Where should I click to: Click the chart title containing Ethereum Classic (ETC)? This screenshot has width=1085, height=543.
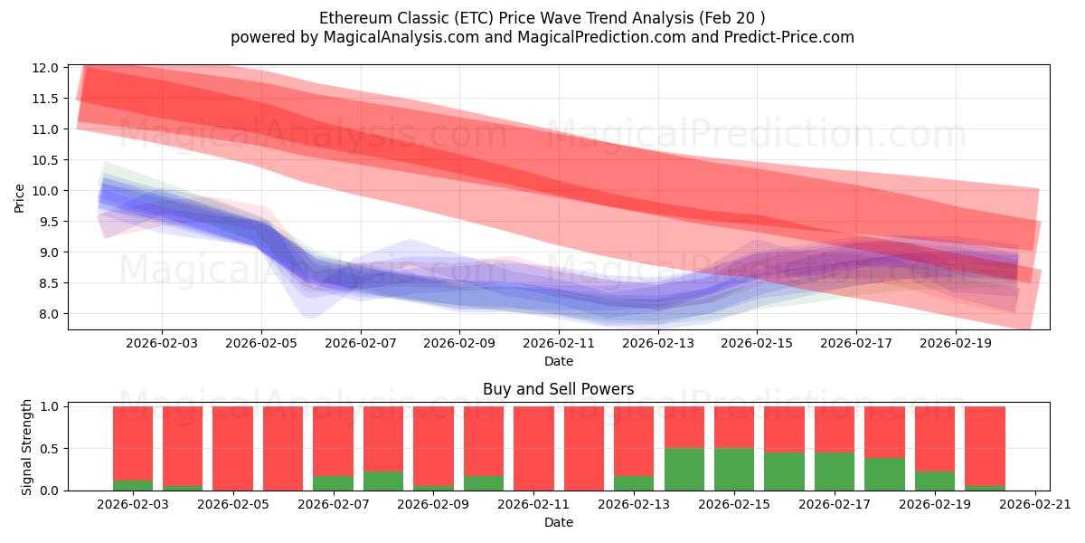(x=542, y=18)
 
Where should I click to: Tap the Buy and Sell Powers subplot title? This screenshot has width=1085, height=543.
(x=558, y=389)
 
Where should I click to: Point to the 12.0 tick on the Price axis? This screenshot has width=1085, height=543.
(x=47, y=68)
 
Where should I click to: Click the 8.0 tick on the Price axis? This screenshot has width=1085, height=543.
(x=50, y=314)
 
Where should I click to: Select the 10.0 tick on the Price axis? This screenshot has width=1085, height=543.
(x=47, y=191)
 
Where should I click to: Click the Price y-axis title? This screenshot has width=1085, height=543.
(x=20, y=197)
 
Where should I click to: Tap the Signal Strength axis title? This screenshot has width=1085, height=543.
(x=27, y=447)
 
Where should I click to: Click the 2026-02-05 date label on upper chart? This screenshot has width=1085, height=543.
(x=261, y=344)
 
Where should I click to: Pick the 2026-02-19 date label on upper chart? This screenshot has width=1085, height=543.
(x=957, y=344)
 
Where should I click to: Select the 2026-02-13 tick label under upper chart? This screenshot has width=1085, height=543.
(x=658, y=344)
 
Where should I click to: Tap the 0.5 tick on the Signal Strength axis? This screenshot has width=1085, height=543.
(x=50, y=449)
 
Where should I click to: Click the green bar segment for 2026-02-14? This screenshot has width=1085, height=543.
(x=684, y=470)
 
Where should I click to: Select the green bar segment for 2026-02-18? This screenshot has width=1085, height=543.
(x=884, y=474)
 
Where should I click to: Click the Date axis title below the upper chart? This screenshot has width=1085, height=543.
(x=558, y=361)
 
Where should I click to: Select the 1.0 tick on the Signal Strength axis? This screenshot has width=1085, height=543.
(x=50, y=407)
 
